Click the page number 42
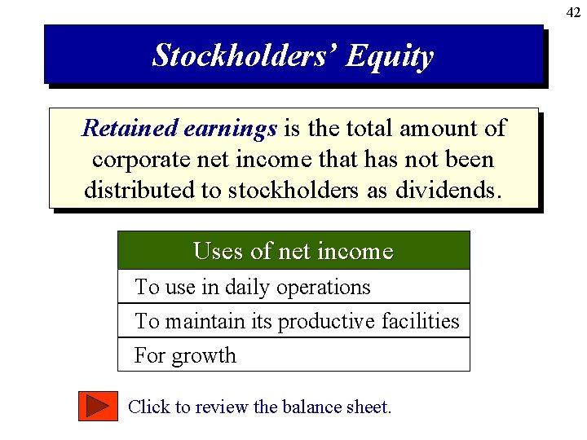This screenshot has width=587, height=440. (x=574, y=11)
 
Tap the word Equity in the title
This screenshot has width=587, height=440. (x=389, y=56)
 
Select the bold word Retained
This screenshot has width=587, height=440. (x=130, y=129)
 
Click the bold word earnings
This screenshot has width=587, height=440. (x=231, y=129)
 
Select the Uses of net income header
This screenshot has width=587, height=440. (x=293, y=251)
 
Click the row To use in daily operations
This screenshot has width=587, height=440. (x=252, y=287)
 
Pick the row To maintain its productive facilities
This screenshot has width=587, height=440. (x=297, y=321)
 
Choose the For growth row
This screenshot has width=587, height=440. (x=185, y=355)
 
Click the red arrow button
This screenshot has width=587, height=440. (x=98, y=406)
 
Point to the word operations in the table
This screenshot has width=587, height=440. (x=323, y=287)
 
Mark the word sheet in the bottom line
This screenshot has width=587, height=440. (x=369, y=406)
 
